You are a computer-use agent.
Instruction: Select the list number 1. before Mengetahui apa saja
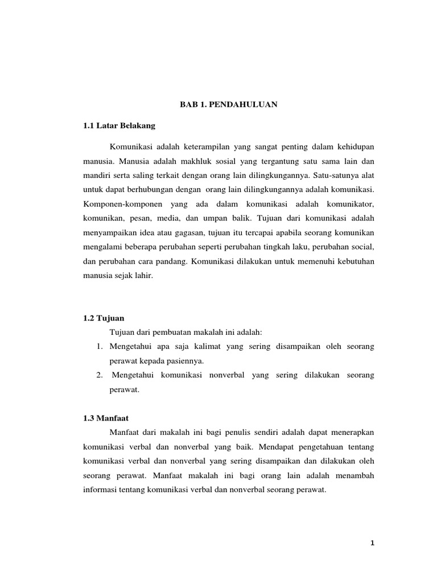(96, 346)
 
